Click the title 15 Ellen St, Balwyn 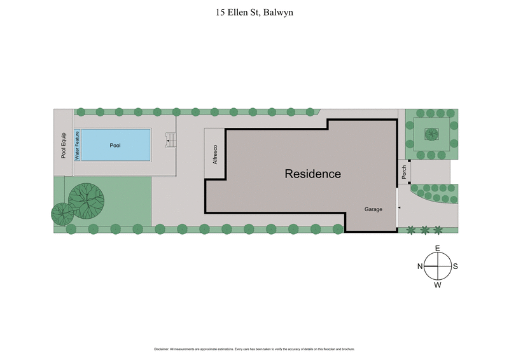[x=254, y=12]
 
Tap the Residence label [x=312, y=174]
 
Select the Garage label [x=373, y=209]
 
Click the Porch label [x=403, y=172]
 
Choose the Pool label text [x=115, y=146]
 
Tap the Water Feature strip [x=78, y=145]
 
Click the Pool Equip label [x=64, y=145]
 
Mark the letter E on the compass [x=437, y=248]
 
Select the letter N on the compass [x=420, y=267]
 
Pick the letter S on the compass [x=456, y=267]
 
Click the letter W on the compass [x=438, y=285]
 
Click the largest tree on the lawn [x=87, y=199]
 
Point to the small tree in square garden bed [x=432, y=134]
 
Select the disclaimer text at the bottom [x=254, y=349]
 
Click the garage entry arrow [x=399, y=207]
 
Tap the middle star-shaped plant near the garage [x=424, y=228]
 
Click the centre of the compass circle [x=438, y=266]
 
